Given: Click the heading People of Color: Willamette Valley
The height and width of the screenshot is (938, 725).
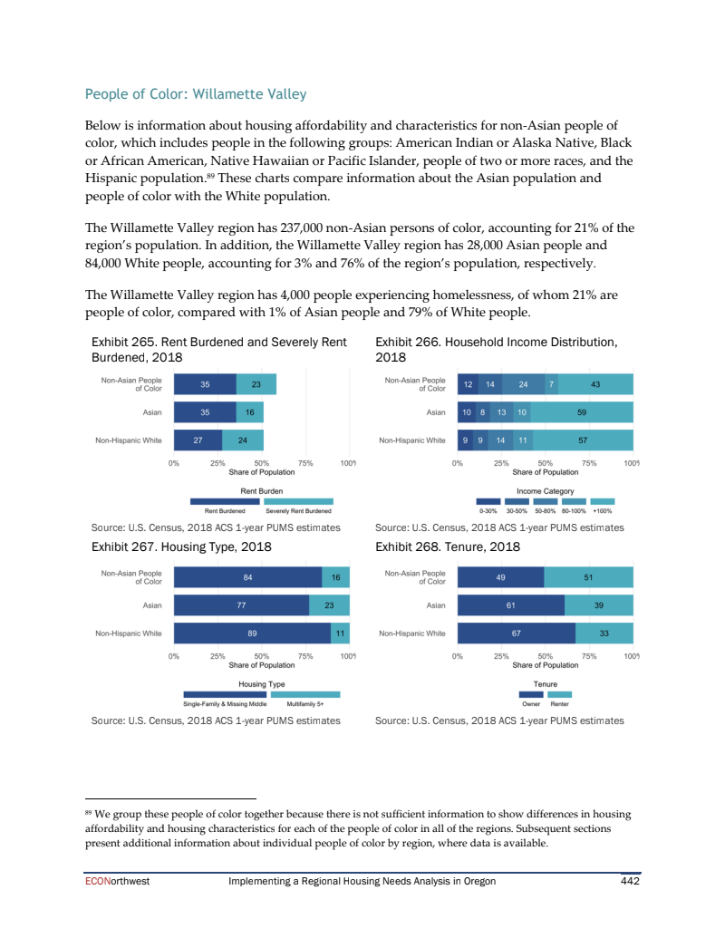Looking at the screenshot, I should (195, 94).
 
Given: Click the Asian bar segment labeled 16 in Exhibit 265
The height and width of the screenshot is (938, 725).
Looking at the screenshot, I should (249, 412).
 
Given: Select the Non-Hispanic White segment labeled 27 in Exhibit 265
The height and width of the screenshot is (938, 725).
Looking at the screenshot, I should (198, 440).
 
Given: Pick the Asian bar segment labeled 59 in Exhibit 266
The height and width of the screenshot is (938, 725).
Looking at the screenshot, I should (582, 412).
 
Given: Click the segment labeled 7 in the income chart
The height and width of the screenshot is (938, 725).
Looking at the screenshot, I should (552, 384).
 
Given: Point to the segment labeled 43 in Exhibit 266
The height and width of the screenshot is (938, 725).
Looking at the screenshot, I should (595, 384).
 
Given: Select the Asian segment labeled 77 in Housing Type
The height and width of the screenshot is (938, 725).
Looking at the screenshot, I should (241, 604).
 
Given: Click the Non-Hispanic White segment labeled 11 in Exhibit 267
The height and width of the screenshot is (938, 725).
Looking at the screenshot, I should (341, 633).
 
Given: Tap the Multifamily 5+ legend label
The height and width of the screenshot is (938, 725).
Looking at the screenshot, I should (304, 703).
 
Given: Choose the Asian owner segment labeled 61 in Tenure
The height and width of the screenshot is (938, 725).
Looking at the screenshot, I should (511, 604).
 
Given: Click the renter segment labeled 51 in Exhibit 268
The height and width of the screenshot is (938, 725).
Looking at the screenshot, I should (588, 576).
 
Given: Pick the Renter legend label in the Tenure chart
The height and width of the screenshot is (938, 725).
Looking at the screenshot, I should (560, 703).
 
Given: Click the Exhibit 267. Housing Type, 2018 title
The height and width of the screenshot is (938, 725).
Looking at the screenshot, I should (182, 546).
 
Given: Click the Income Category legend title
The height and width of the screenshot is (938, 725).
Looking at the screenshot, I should (545, 490).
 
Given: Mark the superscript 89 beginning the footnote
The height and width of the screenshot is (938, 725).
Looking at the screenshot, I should (88, 812).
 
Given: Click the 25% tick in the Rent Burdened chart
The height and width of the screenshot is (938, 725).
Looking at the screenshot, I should (217, 463).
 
